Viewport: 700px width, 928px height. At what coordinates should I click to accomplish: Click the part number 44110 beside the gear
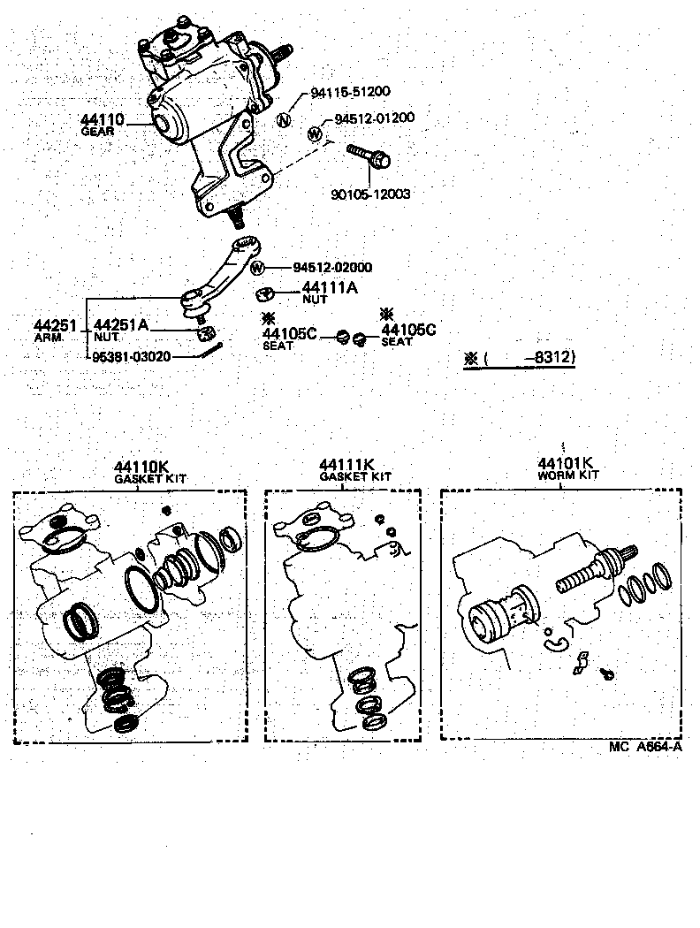[x=103, y=120]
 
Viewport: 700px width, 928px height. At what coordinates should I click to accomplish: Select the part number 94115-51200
[x=349, y=92]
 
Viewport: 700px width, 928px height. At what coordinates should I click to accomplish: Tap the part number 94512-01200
[x=375, y=118]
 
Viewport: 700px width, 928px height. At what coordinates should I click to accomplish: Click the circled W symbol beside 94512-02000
[x=257, y=268]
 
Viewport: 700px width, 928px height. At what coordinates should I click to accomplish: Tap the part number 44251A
[x=120, y=325]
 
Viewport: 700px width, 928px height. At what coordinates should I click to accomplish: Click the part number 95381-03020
[x=132, y=356]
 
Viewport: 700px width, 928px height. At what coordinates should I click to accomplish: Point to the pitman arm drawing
[x=221, y=275]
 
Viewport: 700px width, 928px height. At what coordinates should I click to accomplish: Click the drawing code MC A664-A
[x=645, y=746]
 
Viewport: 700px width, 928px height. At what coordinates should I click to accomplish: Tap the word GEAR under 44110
[x=97, y=131]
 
